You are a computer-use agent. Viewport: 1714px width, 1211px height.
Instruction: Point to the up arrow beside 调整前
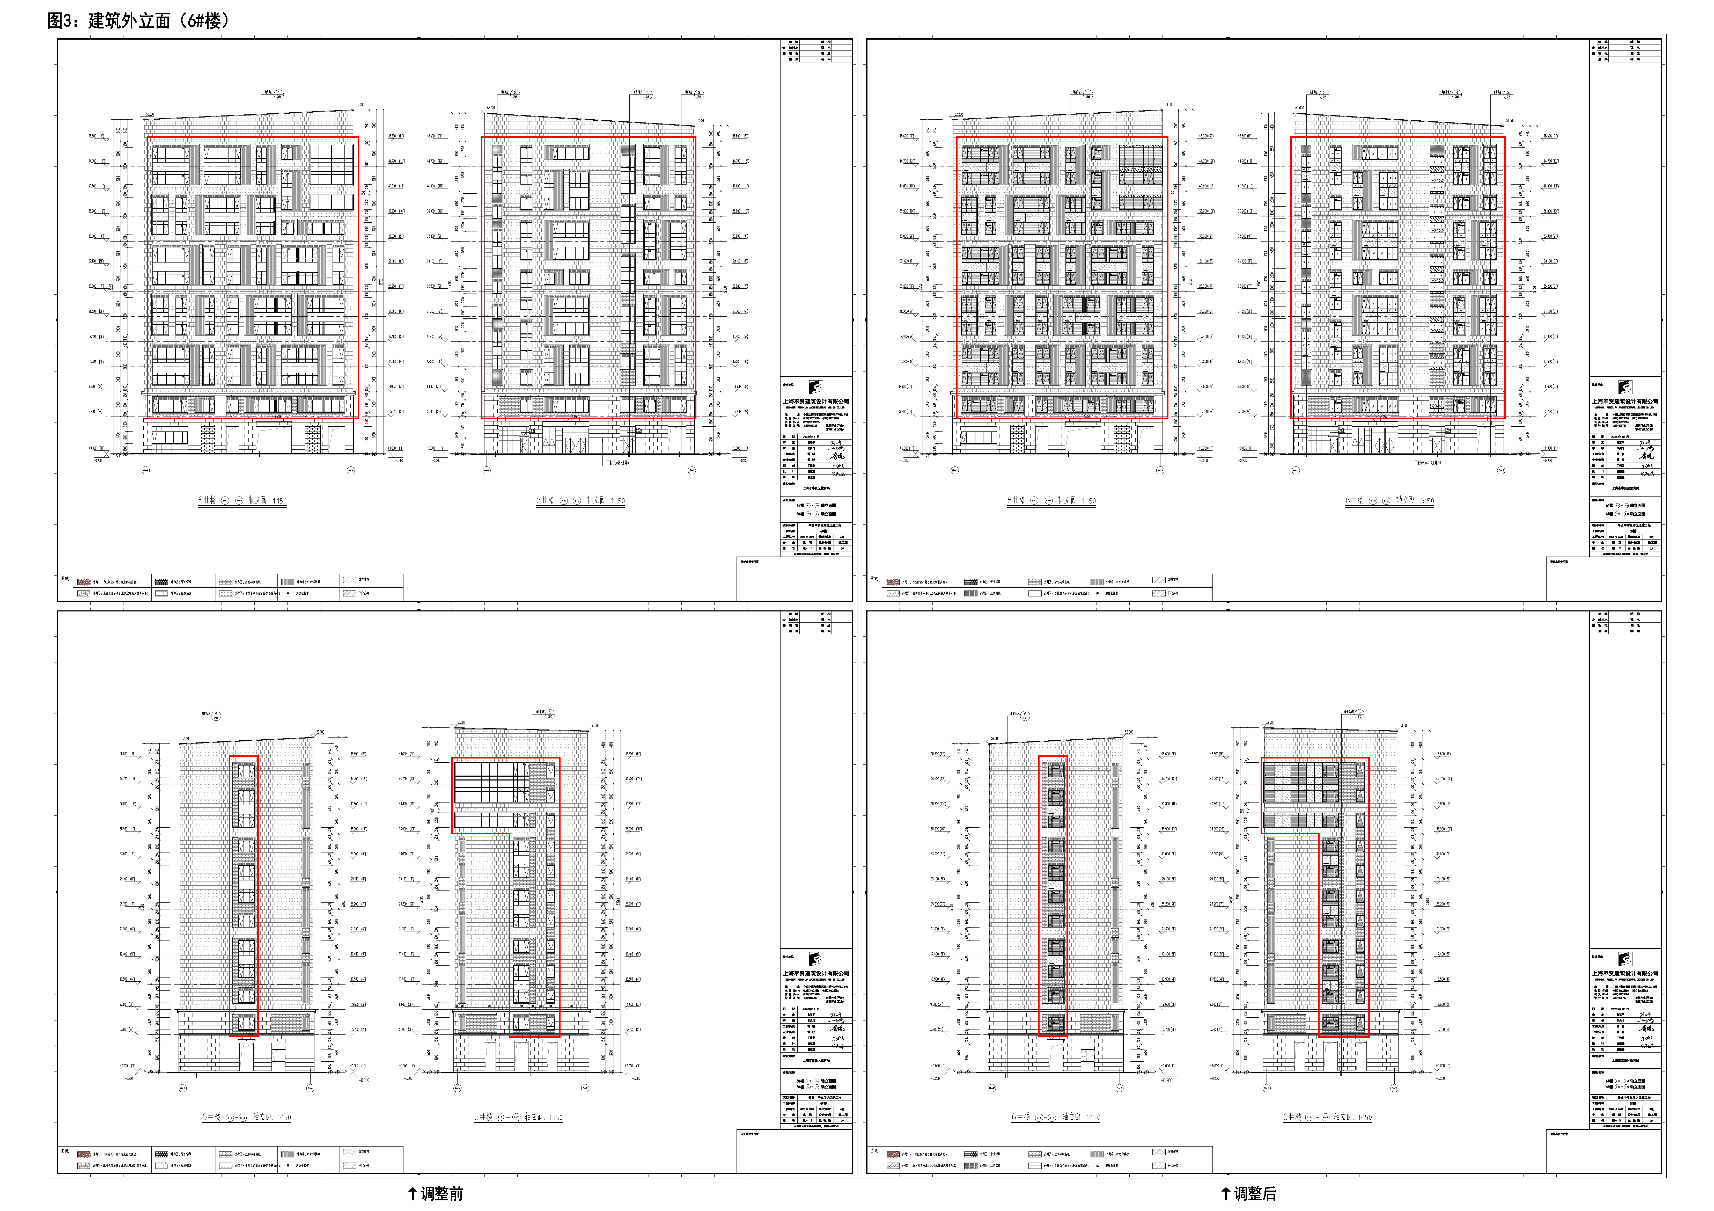coord(412,1193)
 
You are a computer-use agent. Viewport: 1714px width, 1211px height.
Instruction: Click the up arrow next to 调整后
coord(1225,1193)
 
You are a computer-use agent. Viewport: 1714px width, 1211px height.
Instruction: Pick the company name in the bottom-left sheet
coord(816,974)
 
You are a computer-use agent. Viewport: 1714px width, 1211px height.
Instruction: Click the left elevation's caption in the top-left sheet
coord(242,500)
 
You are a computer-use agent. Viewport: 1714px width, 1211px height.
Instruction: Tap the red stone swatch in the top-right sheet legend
coord(893,582)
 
